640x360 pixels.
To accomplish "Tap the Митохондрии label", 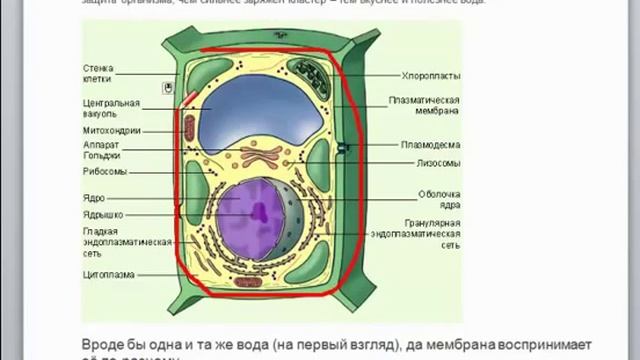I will (111, 130).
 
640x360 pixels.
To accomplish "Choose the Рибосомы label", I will (104, 171).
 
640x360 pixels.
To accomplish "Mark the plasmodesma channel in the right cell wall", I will (343, 149).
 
